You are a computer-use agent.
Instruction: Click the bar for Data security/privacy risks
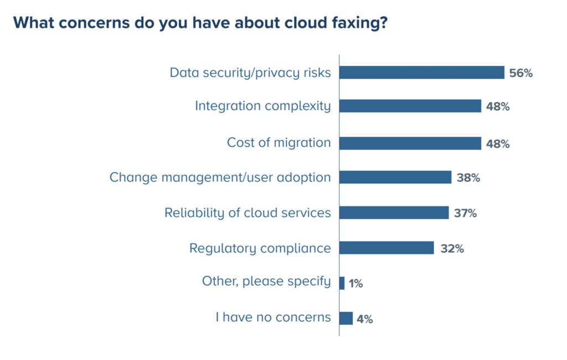(421, 73)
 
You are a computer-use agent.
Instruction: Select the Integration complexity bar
(410, 106)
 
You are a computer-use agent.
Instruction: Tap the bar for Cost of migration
(410, 143)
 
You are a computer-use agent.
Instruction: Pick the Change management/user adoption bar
(395, 177)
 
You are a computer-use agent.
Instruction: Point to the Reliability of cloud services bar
(394, 213)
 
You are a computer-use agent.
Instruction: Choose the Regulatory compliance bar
(386, 248)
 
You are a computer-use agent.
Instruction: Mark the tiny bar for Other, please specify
(342, 283)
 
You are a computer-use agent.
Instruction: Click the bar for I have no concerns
(346, 318)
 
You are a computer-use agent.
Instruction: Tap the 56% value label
(521, 73)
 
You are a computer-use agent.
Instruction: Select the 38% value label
(468, 178)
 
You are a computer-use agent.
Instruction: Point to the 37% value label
(465, 213)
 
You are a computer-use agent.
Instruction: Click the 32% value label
(452, 248)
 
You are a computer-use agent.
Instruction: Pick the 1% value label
(355, 284)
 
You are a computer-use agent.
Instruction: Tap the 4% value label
(365, 319)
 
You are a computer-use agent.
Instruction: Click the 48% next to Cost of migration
(498, 143)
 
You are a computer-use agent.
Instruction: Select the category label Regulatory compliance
(260, 248)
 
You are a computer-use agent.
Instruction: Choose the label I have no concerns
(273, 318)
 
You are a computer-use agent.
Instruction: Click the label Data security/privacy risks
(250, 73)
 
